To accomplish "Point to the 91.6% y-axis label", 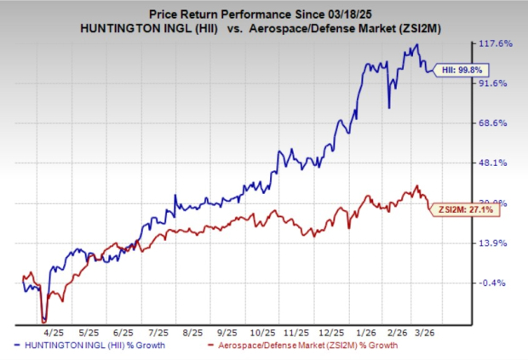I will click(498, 83).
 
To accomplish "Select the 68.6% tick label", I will click(498, 123).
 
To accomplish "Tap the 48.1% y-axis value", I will click(498, 163).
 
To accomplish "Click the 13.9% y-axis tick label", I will click(498, 243).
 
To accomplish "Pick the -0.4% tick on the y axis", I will click(498, 283).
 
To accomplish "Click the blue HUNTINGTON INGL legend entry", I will click(93, 347).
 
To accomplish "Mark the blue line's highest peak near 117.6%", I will click(416, 45).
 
